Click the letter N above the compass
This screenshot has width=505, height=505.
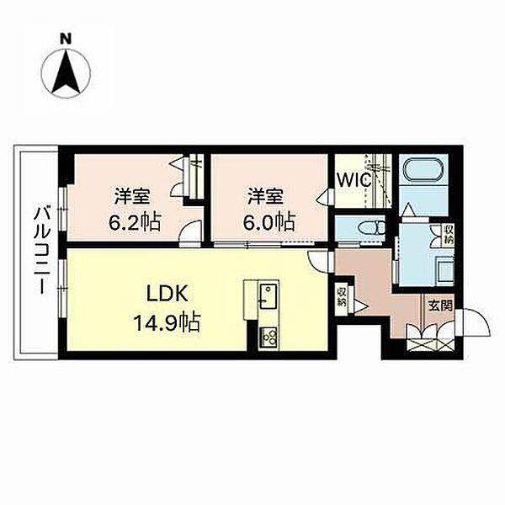pos(66,39)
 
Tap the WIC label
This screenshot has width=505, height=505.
pos(353,180)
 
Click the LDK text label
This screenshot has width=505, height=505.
pos(167,294)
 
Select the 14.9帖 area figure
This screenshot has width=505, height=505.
pos(167,322)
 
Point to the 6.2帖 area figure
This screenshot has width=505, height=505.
pos(135,221)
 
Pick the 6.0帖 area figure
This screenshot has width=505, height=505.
pos(268,221)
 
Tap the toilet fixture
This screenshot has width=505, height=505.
pos(373,228)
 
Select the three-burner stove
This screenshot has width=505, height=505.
pos(268,337)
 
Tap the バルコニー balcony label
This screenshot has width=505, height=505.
pos(42,250)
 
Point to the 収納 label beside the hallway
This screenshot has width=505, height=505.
pos(342,297)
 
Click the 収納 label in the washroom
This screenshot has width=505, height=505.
pos(449,234)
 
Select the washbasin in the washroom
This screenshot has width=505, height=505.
pos(444,270)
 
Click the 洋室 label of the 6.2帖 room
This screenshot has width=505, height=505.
pos(132,197)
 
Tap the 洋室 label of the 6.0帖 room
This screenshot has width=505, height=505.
pos(265,197)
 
